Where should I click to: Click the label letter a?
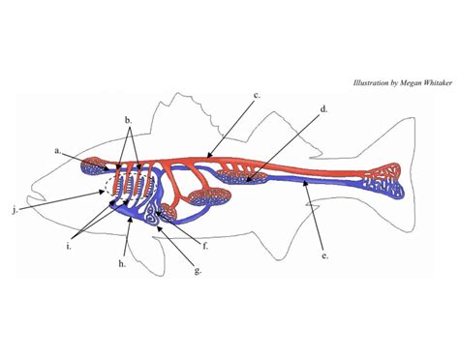[x=58, y=151]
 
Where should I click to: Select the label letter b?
[x=129, y=120]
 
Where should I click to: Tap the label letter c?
[x=257, y=95]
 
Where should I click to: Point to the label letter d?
[x=323, y=109]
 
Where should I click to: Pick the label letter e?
[x=325, y=256]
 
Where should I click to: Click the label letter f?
[x=205, y=247]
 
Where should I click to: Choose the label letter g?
[x=198, y=270]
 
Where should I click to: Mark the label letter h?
[x=121, y=263]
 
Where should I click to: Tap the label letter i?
[x=69, y=247]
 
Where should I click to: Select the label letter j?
[x=15, y=210]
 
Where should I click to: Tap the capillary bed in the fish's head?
[x=94, y=165]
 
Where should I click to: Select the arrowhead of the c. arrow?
[x=209, y=156]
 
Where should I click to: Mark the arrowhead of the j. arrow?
[x=102, y=193]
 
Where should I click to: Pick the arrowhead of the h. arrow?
[x=131, y=220]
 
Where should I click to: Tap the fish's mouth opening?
[x=36, y=197]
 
